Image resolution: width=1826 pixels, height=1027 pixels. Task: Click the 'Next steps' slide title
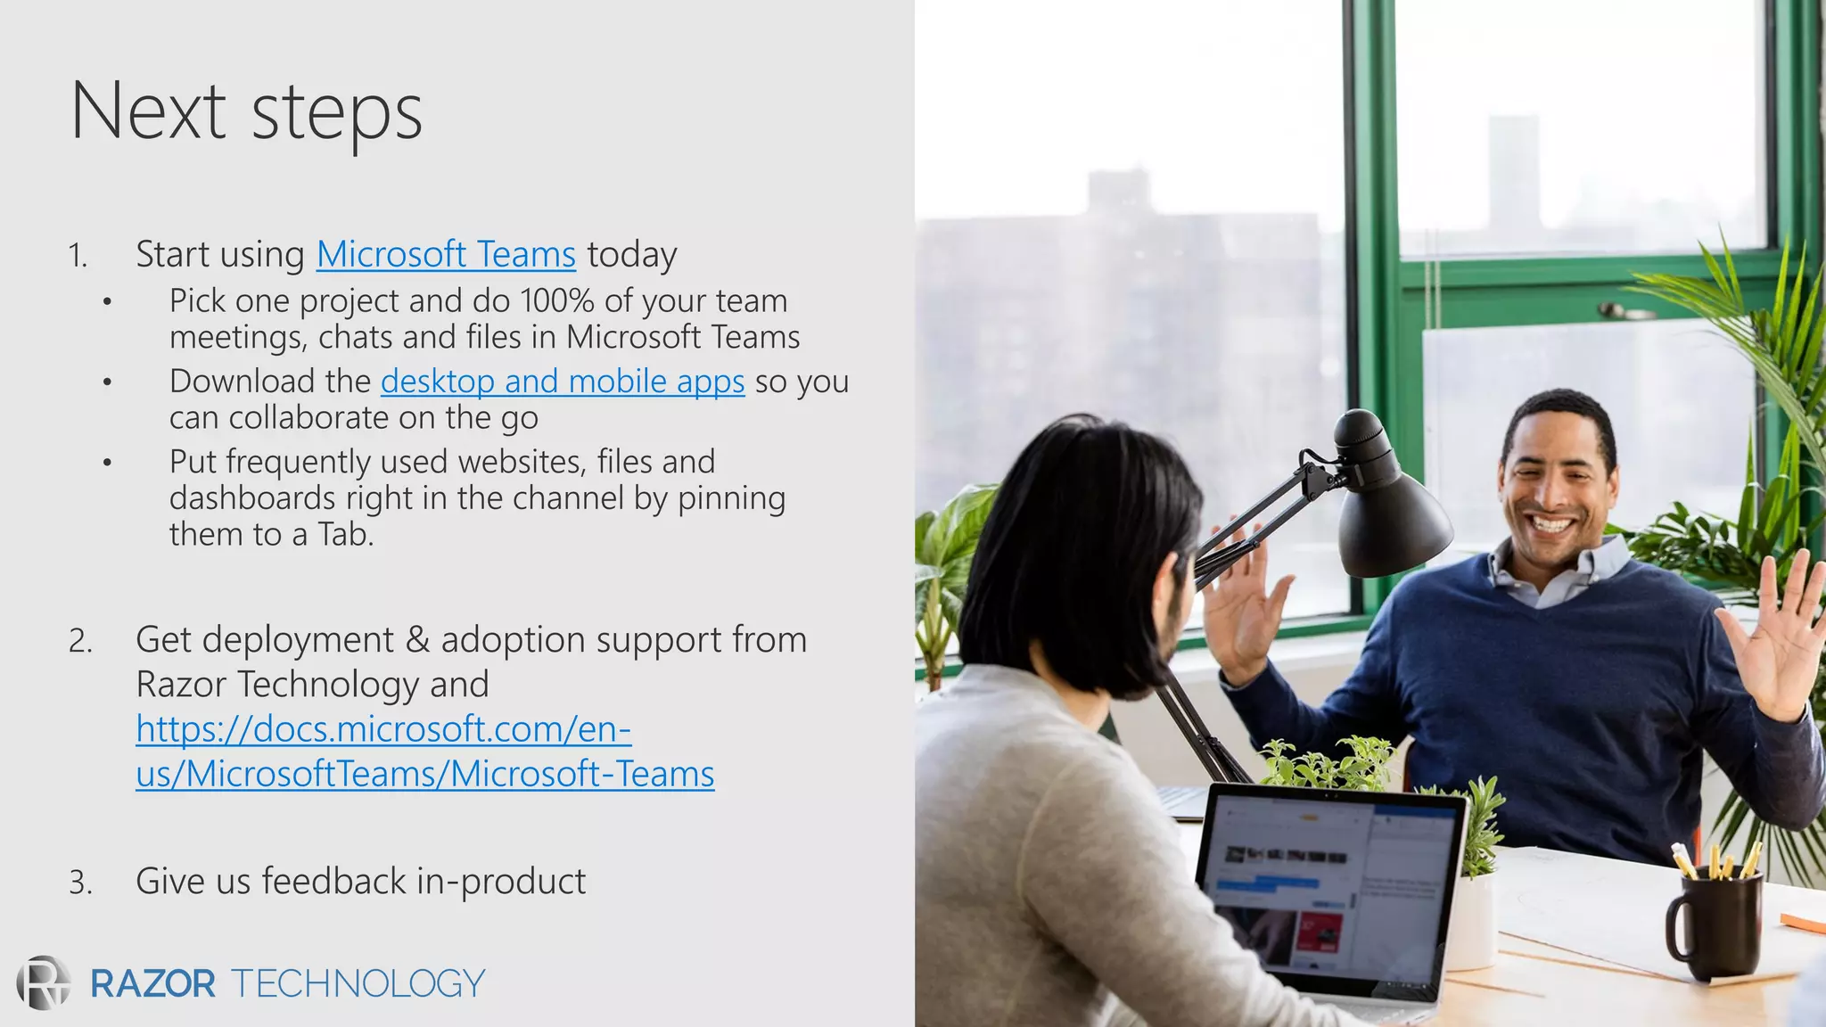246,112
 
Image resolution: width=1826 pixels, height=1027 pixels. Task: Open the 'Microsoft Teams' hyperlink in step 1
446,255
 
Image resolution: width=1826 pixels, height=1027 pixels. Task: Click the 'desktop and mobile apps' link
563,382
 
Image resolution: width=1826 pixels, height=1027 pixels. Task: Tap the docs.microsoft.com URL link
424,752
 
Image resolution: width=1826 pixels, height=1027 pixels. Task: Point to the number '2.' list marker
80,641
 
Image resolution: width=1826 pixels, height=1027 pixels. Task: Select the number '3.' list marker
80,883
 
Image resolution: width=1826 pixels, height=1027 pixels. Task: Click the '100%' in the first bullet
556,301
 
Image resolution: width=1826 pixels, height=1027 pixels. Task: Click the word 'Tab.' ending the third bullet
346,535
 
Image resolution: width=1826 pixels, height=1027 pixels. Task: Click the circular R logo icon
44,983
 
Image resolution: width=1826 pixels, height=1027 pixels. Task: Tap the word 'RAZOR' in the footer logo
152,984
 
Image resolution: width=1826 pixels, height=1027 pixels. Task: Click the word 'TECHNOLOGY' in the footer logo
358,984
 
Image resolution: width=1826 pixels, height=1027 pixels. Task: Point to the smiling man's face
1556,486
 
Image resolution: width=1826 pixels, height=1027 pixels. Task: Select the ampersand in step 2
416,641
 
